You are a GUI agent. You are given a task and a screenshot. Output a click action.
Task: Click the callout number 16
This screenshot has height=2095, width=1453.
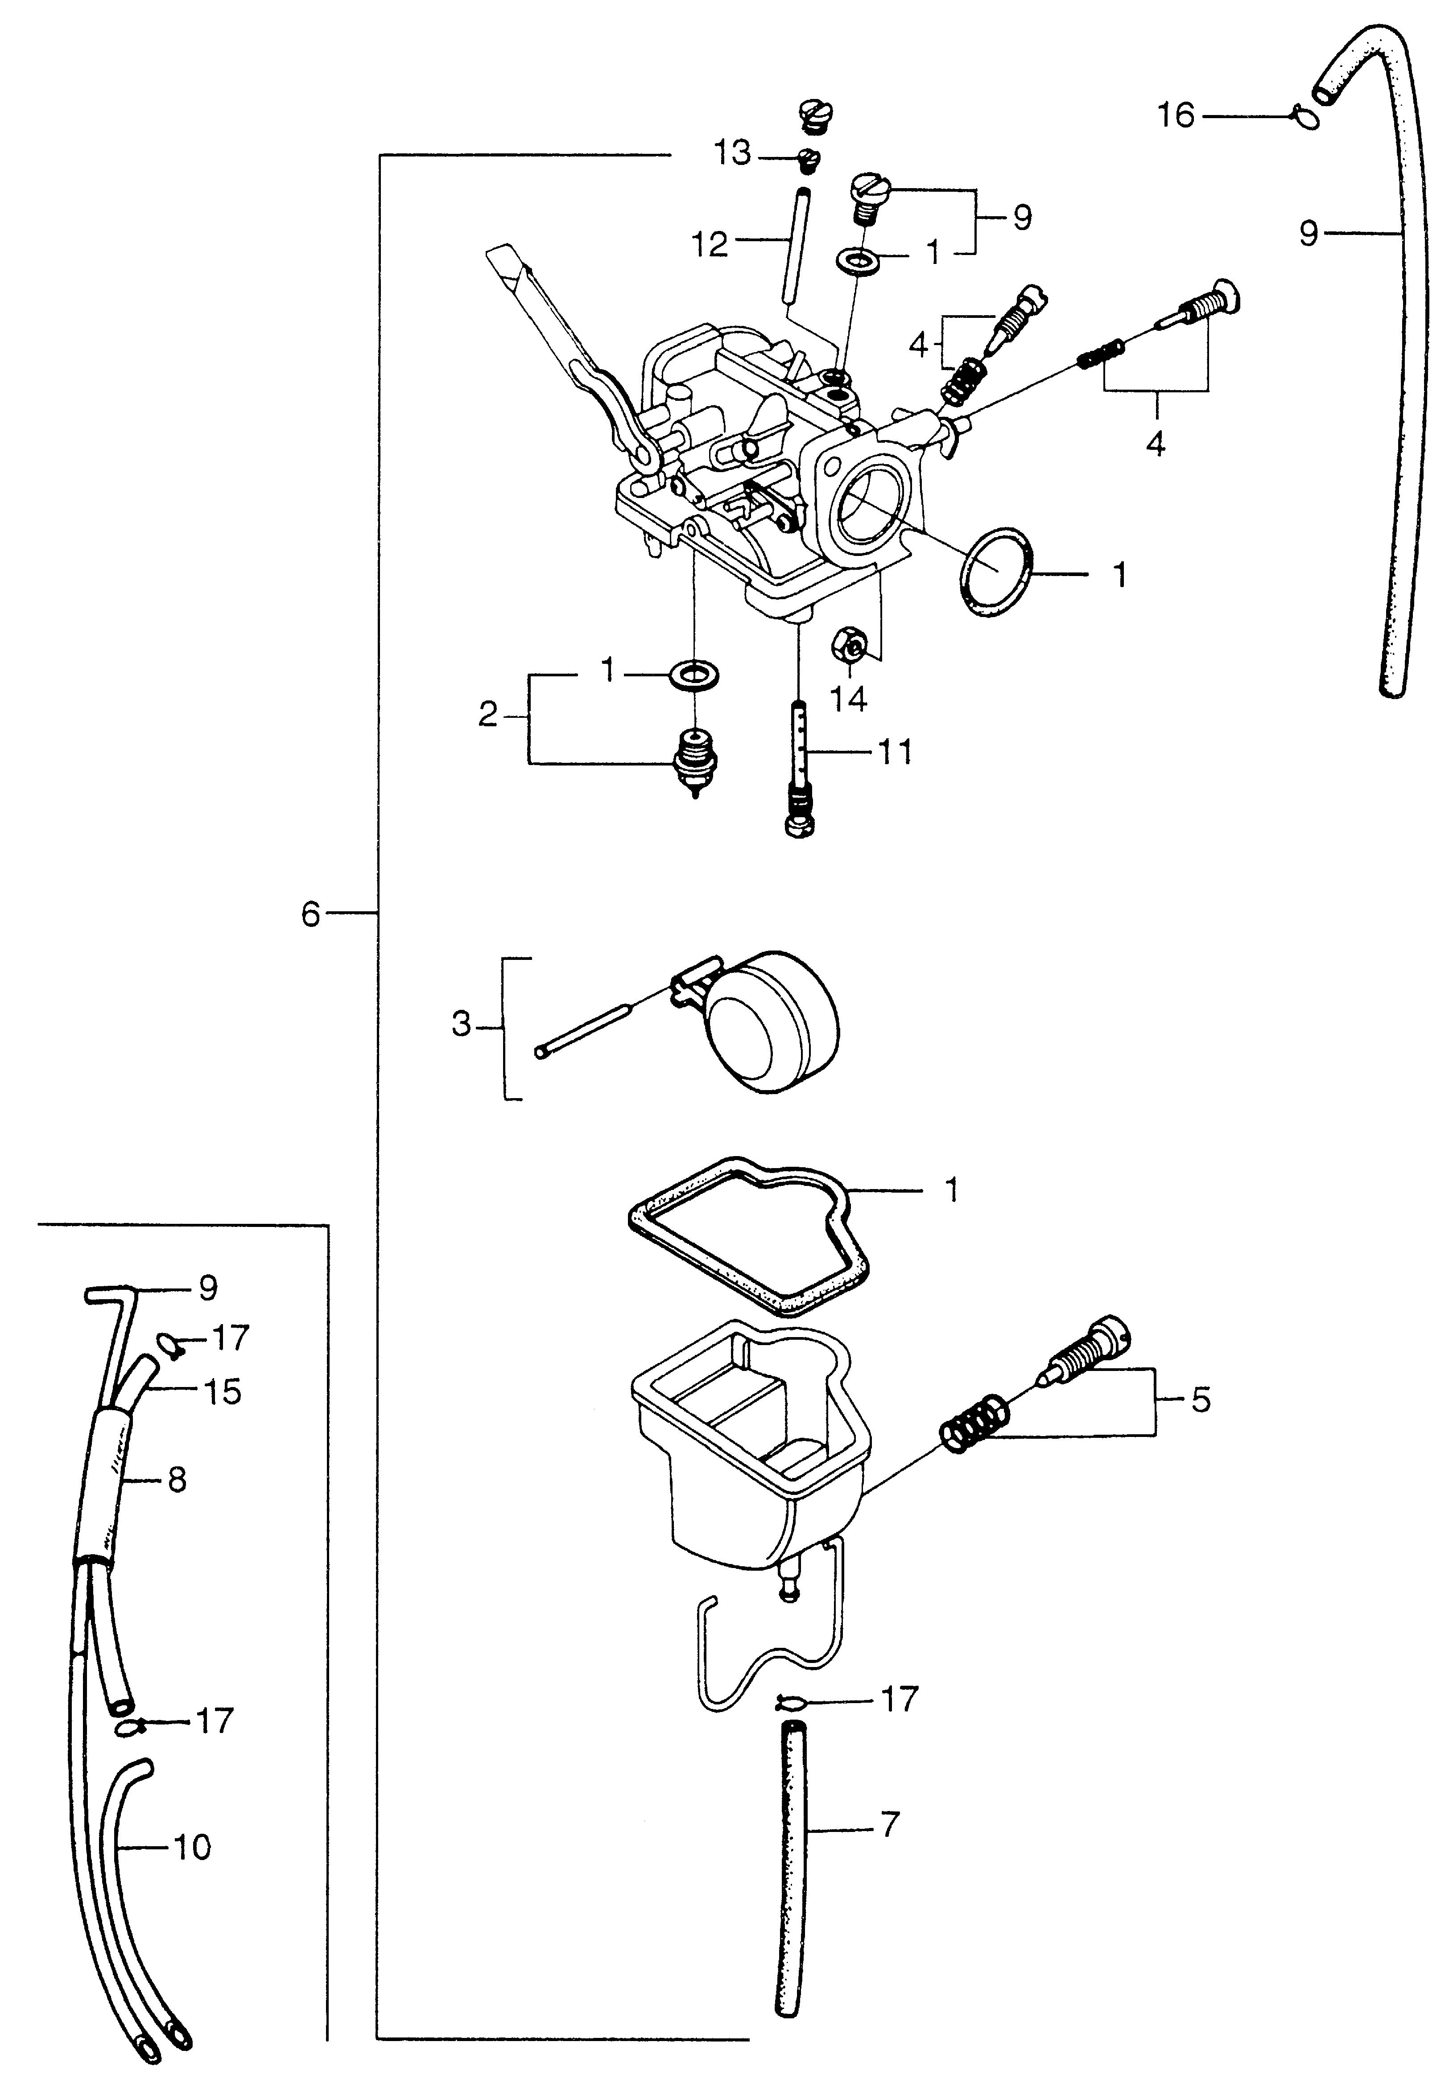1175,116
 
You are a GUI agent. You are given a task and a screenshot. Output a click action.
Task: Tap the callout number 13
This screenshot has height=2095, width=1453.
732,154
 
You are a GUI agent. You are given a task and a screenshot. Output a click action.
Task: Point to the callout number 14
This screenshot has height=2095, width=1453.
849,699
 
